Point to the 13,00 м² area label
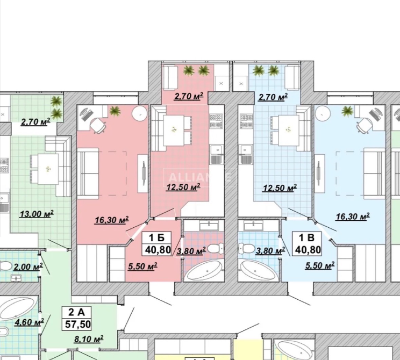point(37,213)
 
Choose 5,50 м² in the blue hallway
point(319,265)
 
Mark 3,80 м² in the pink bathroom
point(191,250)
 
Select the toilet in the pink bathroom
point(216,249)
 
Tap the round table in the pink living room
point(140,114)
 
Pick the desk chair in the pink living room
point(98,125)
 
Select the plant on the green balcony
point(56,101)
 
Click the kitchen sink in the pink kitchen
point(217,158)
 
